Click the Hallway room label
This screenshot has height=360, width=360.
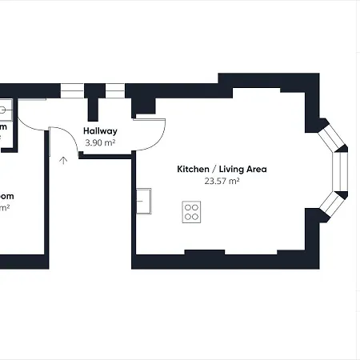tap(101, 131)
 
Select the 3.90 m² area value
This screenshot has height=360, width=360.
tap(101, 142)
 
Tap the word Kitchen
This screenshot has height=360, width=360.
tap(193, 170)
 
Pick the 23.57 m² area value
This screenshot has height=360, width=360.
tap(222, 182)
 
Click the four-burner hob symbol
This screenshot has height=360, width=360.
tap(192, 211)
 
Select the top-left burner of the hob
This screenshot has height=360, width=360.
tap(189, 208)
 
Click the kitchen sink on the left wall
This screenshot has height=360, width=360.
tap(144, 201)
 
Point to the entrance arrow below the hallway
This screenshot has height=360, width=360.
tap(63, 160)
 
